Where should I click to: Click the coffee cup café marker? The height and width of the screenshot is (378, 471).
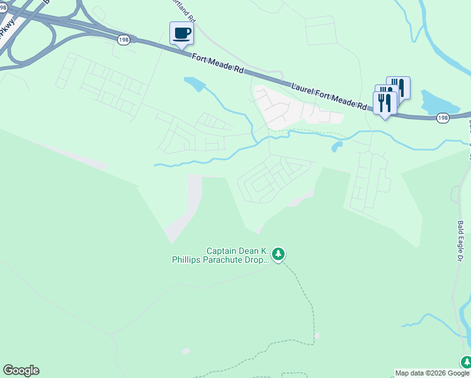[x=181, y=34]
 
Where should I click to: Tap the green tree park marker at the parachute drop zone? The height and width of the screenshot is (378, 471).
[x=278, y=255]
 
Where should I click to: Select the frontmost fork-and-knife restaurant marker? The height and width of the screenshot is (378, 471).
[x=385, y=103]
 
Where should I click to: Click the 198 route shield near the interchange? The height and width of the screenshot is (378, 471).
[x=123, y=39]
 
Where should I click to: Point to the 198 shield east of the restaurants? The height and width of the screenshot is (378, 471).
[x=443, y=118]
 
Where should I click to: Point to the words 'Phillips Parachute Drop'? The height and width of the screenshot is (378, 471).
[x=220, y=259]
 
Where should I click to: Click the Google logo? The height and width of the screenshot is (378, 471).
[x=21, y=370]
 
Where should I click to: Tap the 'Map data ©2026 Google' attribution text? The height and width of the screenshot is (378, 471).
[x=432, y=373]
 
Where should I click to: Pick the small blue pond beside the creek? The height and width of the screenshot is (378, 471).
[x=337, y=147]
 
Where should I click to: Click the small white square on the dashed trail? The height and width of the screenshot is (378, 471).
[x=317, y=336]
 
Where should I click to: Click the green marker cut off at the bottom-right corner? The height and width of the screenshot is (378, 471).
[x=466, y=363]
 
